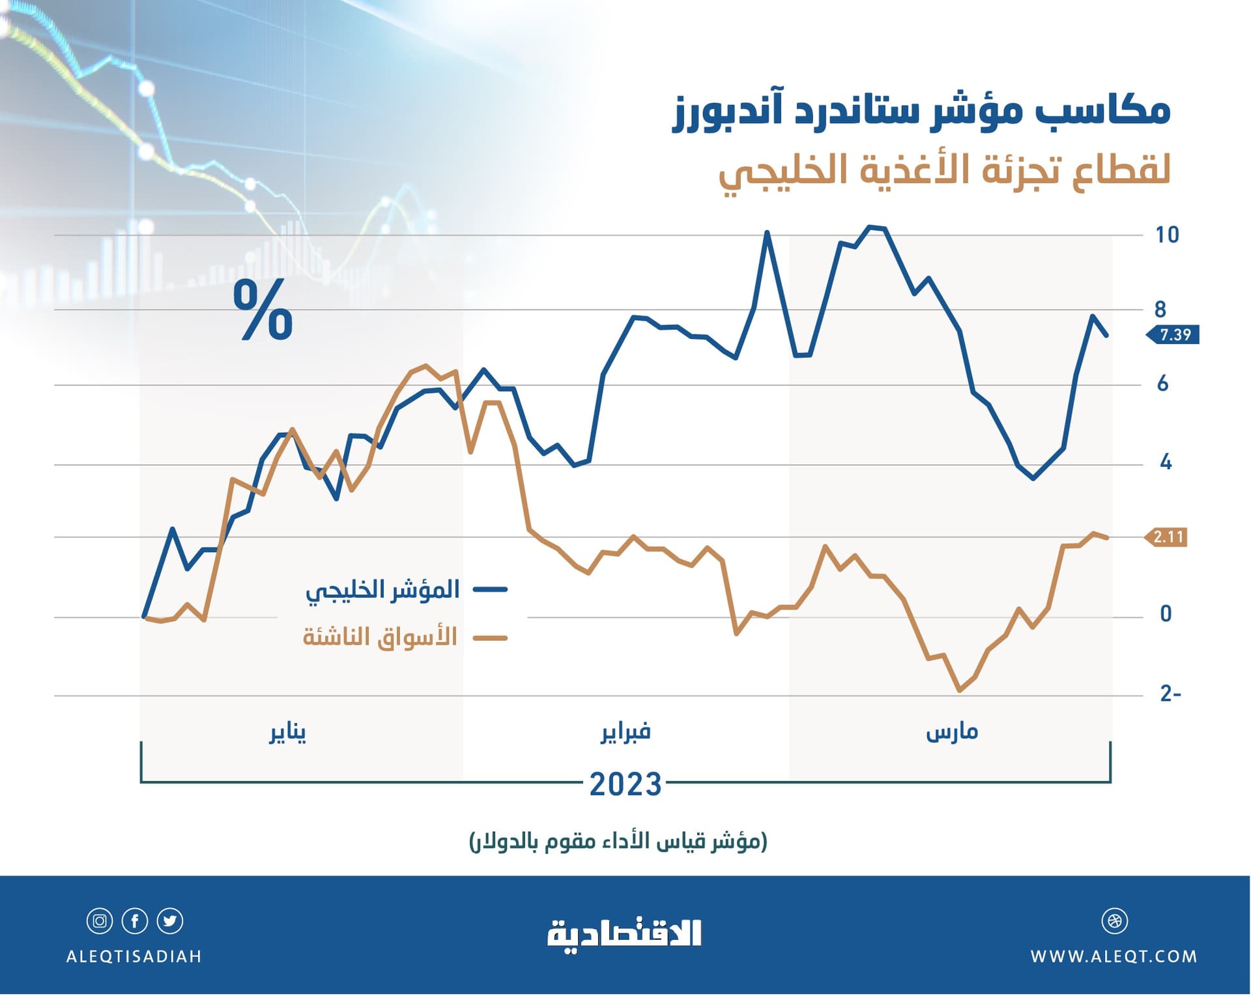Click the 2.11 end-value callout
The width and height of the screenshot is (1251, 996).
click(x=1168, y=537)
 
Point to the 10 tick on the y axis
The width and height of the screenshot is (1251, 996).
click(x=1166, y=235)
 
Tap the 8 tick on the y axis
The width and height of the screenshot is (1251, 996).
click(x=1160, y=310)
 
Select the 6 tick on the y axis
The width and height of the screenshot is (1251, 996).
click(x=1162, y=384)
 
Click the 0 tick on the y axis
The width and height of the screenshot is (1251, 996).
click(x=1166, y=614)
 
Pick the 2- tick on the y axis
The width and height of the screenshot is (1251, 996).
click(x=1170, y=694)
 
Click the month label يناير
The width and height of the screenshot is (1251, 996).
click(x=287, y=733)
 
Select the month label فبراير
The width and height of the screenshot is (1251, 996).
click(x=625, y=732)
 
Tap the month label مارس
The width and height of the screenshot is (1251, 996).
click(x=952, y=732)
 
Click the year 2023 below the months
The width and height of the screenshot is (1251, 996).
click(x=625, y=784)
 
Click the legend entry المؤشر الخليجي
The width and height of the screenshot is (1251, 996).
click(x=383, y=590)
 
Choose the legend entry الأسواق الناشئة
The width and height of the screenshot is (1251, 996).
click(x=380, y=637)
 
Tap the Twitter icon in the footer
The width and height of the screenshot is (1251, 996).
click(x=170, y=921)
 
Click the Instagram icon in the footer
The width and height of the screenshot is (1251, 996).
click(x=100, y=921)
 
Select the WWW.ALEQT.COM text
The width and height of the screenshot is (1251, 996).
click(x=1114, y=956)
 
